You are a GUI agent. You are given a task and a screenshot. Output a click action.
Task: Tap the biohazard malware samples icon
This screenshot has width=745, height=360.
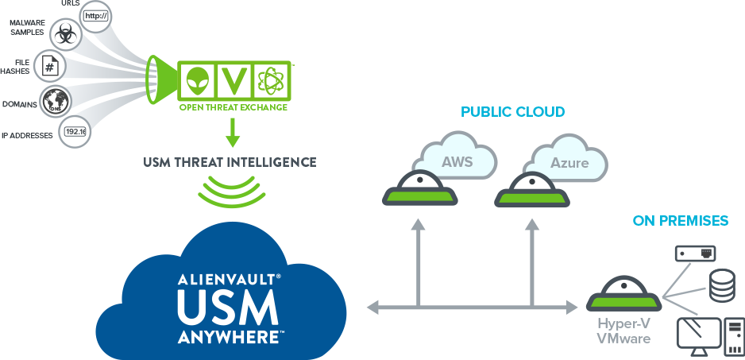64,34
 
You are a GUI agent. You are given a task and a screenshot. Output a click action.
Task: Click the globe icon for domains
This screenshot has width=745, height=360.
56,101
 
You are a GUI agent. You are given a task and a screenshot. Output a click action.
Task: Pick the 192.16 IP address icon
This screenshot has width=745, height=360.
75,131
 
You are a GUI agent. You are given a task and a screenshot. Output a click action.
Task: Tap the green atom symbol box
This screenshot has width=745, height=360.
272,81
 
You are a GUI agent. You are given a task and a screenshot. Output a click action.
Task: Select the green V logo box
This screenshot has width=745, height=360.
234,81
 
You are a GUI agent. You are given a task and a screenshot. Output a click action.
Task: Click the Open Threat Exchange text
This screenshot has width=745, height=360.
234,107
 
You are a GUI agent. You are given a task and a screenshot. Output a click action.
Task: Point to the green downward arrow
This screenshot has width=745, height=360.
232,133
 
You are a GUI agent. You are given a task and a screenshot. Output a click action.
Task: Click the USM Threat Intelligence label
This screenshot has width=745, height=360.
230,162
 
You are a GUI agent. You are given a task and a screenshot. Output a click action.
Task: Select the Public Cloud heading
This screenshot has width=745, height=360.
513,112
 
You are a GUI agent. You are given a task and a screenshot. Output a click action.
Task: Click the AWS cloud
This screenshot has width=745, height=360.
457,161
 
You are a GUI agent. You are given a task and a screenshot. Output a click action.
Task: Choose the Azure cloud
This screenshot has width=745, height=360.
569,163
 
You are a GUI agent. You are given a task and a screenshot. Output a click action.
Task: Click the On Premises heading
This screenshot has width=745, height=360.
681,220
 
